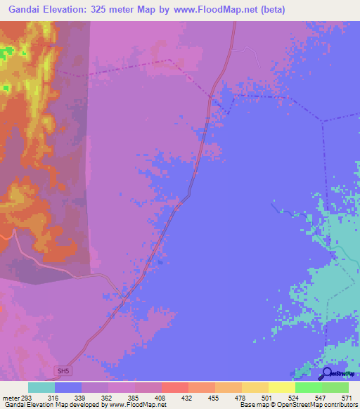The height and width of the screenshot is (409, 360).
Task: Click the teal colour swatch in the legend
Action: (41, 387)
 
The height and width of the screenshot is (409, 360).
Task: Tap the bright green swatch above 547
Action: (308, 387)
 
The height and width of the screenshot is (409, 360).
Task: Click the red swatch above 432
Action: (174, 387)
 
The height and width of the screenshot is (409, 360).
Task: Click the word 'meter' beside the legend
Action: (11, 396)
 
